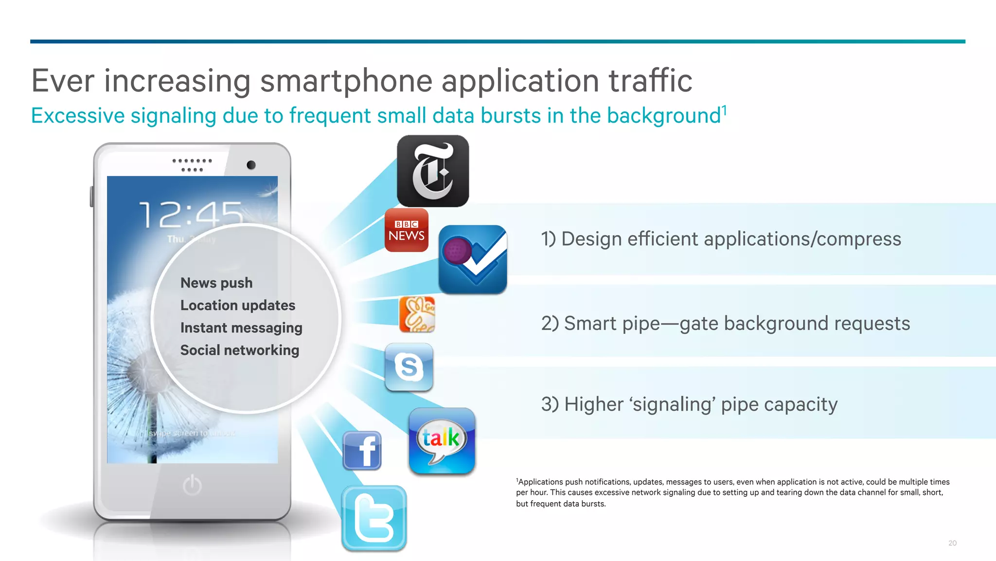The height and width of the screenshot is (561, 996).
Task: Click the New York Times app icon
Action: (x=433, y=171)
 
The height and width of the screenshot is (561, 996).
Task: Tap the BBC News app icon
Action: (x=407, y=230)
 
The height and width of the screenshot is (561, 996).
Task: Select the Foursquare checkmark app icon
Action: (x=473, y=259)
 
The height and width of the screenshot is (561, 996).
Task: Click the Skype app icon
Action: (x=409, y=367)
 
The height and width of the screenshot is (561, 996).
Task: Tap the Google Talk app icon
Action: (x=442, y=441)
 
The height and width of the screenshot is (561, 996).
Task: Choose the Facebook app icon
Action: (x=362, y=451)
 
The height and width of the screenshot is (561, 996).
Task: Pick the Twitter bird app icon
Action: (x=374, y=518)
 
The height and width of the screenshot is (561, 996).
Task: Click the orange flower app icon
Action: (x=417, y=314)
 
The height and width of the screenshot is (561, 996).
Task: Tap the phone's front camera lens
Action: (x=251, y=165)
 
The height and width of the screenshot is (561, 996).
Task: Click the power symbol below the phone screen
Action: (x=192, y=485)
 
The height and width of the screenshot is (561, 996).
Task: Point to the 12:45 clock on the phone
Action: (x=191, y=215)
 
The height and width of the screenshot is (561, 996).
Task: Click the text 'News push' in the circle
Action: (x=216, y=283)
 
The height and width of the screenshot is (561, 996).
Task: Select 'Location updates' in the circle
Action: (x=238, y=305)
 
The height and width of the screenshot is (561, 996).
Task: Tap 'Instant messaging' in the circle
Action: (x=241, y=328)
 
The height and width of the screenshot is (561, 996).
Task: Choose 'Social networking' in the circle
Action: (x=240, y=350)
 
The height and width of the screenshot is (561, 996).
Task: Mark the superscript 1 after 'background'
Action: (x=724, y=110)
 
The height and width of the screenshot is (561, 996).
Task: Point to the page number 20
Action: (x=952, y=543)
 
